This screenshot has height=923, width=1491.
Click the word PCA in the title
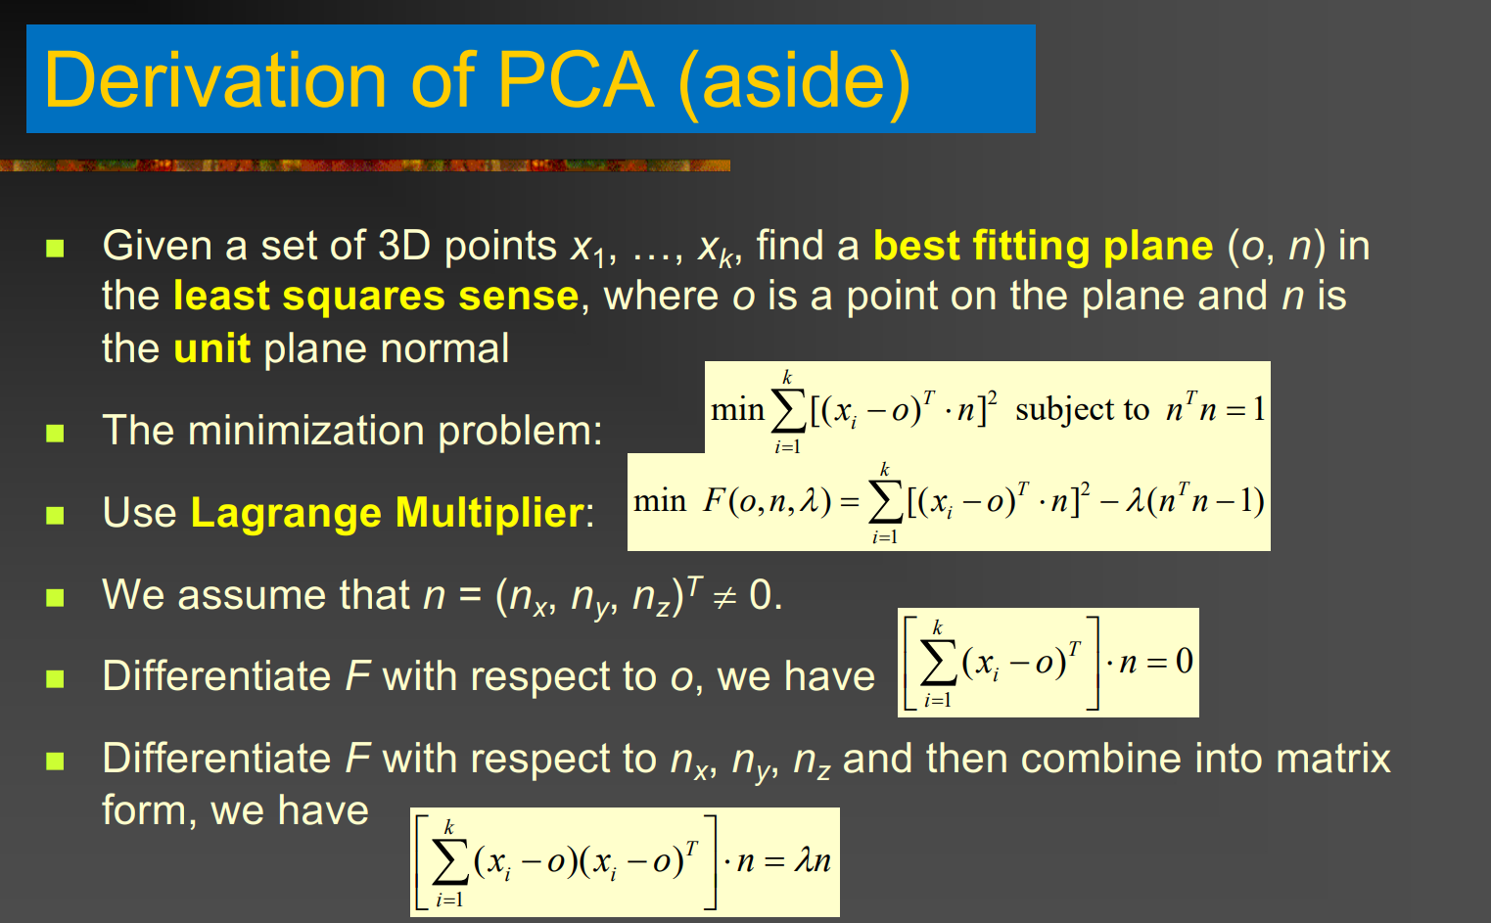[x=576, y=80]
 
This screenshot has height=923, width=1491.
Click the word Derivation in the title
[x=214, y=80]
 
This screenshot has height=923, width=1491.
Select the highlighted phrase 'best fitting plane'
[x=1043, y=247]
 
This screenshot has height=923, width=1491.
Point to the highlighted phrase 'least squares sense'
[x=376, y=297]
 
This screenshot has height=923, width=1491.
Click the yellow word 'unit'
[x=211, y=348]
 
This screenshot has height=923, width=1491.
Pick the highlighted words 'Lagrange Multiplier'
[x=388, y=513]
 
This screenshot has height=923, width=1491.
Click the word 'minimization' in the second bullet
[x=306, y=431]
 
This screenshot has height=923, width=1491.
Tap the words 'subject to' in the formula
[x=1083, y=410]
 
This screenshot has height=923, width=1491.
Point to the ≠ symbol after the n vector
[x=724, y=595]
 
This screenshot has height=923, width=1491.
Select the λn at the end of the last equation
[x=813, y=861]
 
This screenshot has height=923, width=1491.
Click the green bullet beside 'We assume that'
[x=55, y=597]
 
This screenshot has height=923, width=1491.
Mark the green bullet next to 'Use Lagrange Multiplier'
[x=55, y=515]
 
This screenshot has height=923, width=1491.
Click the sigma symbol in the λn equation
[x=450, y=862]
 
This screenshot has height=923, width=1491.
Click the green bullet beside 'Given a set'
[x=55, y=249]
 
